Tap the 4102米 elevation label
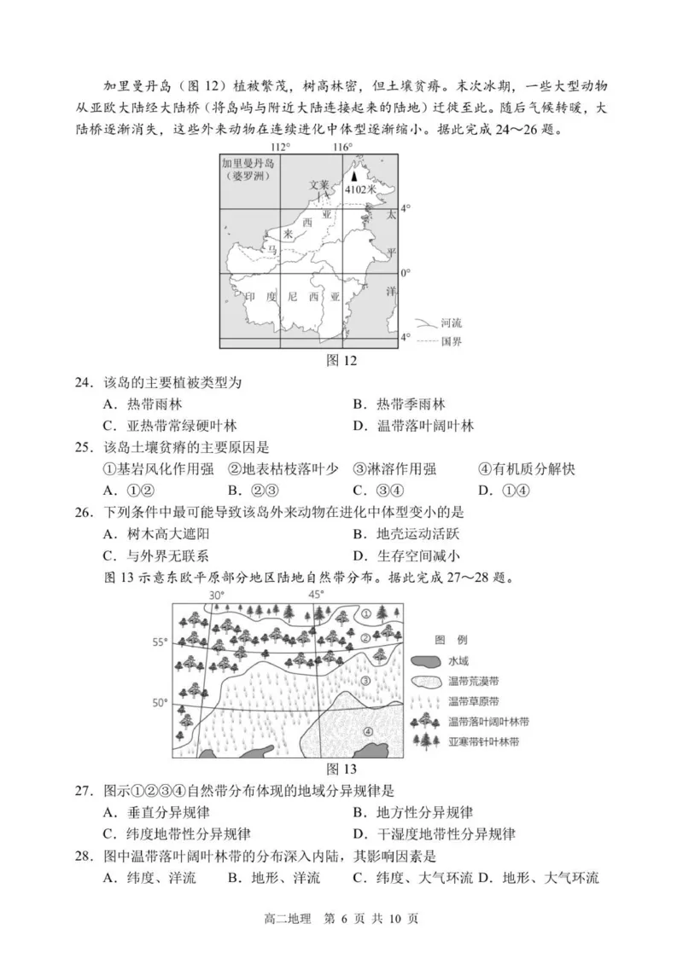[359, 189]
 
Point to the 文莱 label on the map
[318, 183]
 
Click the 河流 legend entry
[450, 323]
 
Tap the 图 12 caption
[341, 359]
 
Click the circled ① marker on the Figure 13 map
[365, 613]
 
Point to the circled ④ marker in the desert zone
[367, 730]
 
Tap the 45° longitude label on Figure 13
[316, 595]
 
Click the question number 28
[84, 856]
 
